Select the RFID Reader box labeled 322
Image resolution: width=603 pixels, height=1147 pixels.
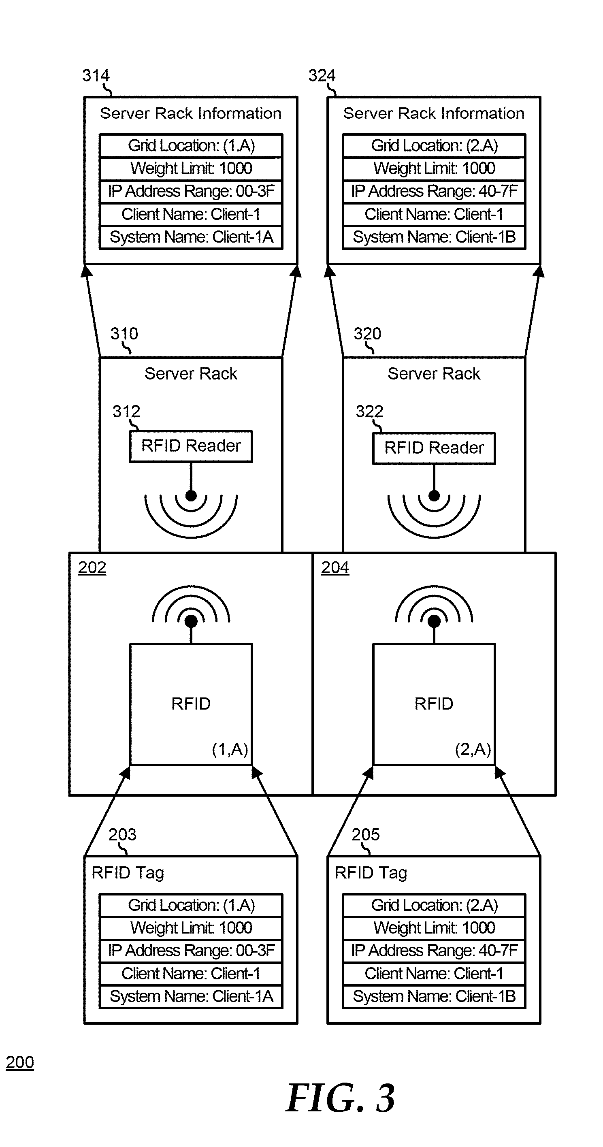434,448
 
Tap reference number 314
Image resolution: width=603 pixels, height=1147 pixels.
95,75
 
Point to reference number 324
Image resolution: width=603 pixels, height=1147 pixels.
322,75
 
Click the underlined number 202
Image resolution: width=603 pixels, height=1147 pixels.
92,567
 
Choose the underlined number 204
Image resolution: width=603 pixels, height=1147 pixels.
335,567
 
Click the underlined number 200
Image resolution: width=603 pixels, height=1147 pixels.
19,1062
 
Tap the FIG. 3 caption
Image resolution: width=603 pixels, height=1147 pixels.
340,1098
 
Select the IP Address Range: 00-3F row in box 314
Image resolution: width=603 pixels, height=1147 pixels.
191,192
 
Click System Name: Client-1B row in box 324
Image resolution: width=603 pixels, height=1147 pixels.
434,237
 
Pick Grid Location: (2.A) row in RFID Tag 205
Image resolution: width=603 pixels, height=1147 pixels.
434,905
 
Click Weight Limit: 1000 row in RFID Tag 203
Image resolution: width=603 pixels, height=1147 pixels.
191,927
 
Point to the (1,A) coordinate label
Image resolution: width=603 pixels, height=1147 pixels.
230,749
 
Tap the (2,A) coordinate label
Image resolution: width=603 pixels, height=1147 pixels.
473,749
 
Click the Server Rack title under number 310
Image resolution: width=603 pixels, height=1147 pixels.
191,373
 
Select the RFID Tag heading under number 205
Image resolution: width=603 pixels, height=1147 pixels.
371,873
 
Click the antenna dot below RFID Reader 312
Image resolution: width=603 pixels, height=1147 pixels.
191,496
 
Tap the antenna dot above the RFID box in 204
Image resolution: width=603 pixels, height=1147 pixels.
434,621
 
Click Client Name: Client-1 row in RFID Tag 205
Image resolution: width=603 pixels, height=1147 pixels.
434,973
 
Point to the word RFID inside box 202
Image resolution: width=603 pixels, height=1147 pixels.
191,704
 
